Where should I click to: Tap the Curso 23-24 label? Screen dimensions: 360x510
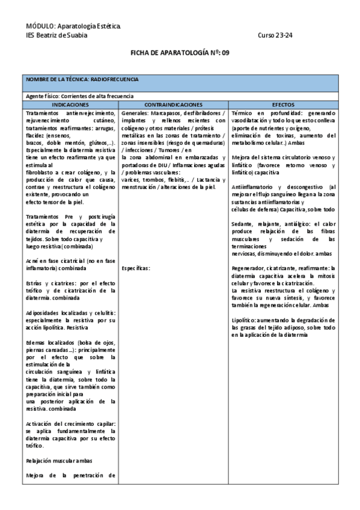(275, 35)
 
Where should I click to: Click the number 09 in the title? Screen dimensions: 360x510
(225, 53)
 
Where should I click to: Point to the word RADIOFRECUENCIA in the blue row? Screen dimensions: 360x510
(115, 79)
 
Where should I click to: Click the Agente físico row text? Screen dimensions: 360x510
(79, 96)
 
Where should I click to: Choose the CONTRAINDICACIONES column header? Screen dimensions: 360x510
(173, 104)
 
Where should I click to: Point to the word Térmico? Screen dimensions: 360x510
(245, 112)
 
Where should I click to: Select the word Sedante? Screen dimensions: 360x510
(243, 224)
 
